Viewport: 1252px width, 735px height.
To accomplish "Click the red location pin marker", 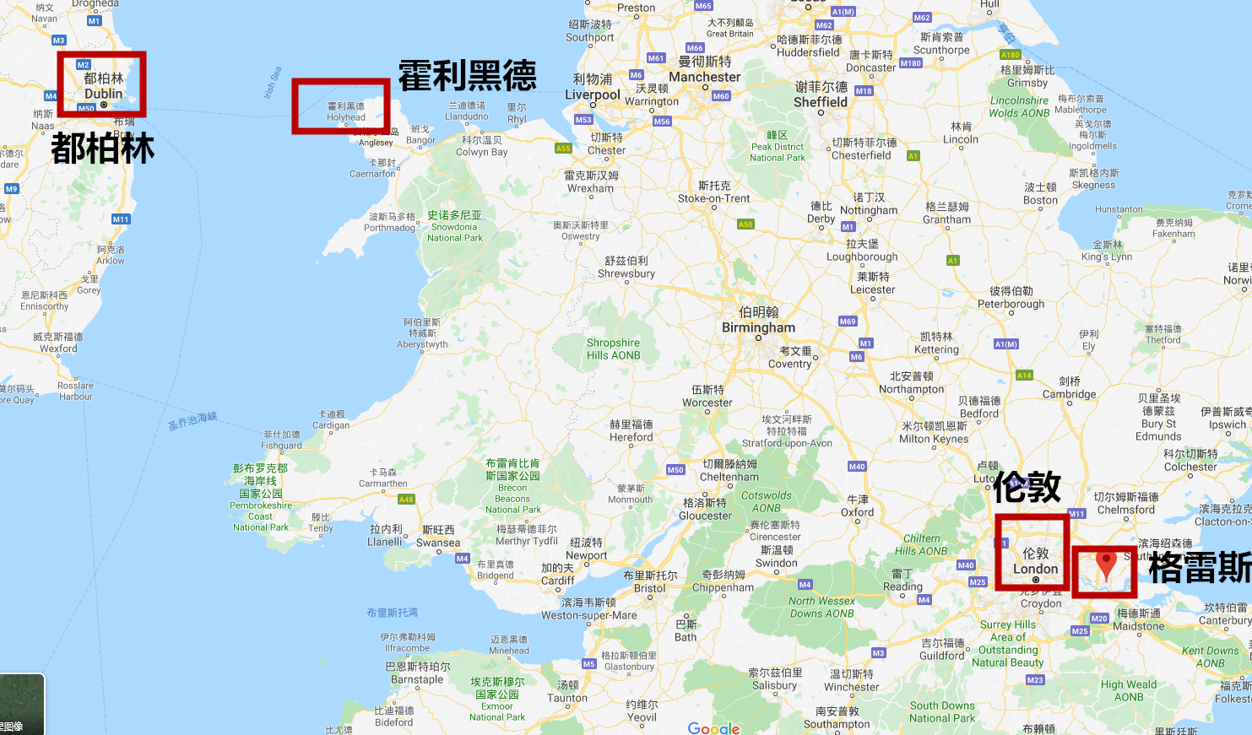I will point(1106,564).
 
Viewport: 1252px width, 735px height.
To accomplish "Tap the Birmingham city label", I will point(758,321).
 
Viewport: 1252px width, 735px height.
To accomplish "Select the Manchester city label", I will point(705,69).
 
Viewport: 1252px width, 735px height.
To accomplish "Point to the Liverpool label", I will point(593,87).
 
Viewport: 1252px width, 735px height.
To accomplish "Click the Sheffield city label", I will point(821,95).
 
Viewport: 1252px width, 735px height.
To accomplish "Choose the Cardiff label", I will point(557,575).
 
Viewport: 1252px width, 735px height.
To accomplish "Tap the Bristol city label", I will point(650,582).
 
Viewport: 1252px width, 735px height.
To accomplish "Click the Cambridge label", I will point(1070,388).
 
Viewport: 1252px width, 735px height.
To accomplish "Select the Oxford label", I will point(858,506).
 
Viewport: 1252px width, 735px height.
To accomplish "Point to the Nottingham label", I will point(869,204).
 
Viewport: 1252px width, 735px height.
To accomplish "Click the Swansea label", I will point(438,537).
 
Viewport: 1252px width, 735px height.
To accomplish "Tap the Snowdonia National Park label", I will point(454,226).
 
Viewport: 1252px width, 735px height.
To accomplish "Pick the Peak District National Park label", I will point(778,146).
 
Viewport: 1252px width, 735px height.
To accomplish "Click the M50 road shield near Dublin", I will point(86,109).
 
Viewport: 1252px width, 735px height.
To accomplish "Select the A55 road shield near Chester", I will point(563,149).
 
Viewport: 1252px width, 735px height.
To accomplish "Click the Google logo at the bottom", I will point(713,728).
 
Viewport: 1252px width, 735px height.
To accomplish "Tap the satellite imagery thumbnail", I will point(22,704).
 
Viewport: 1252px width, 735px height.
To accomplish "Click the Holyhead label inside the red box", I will point(346,112).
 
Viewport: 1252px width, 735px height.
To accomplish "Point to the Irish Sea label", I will point(272,83).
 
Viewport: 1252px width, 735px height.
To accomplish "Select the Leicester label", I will point(873,283).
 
